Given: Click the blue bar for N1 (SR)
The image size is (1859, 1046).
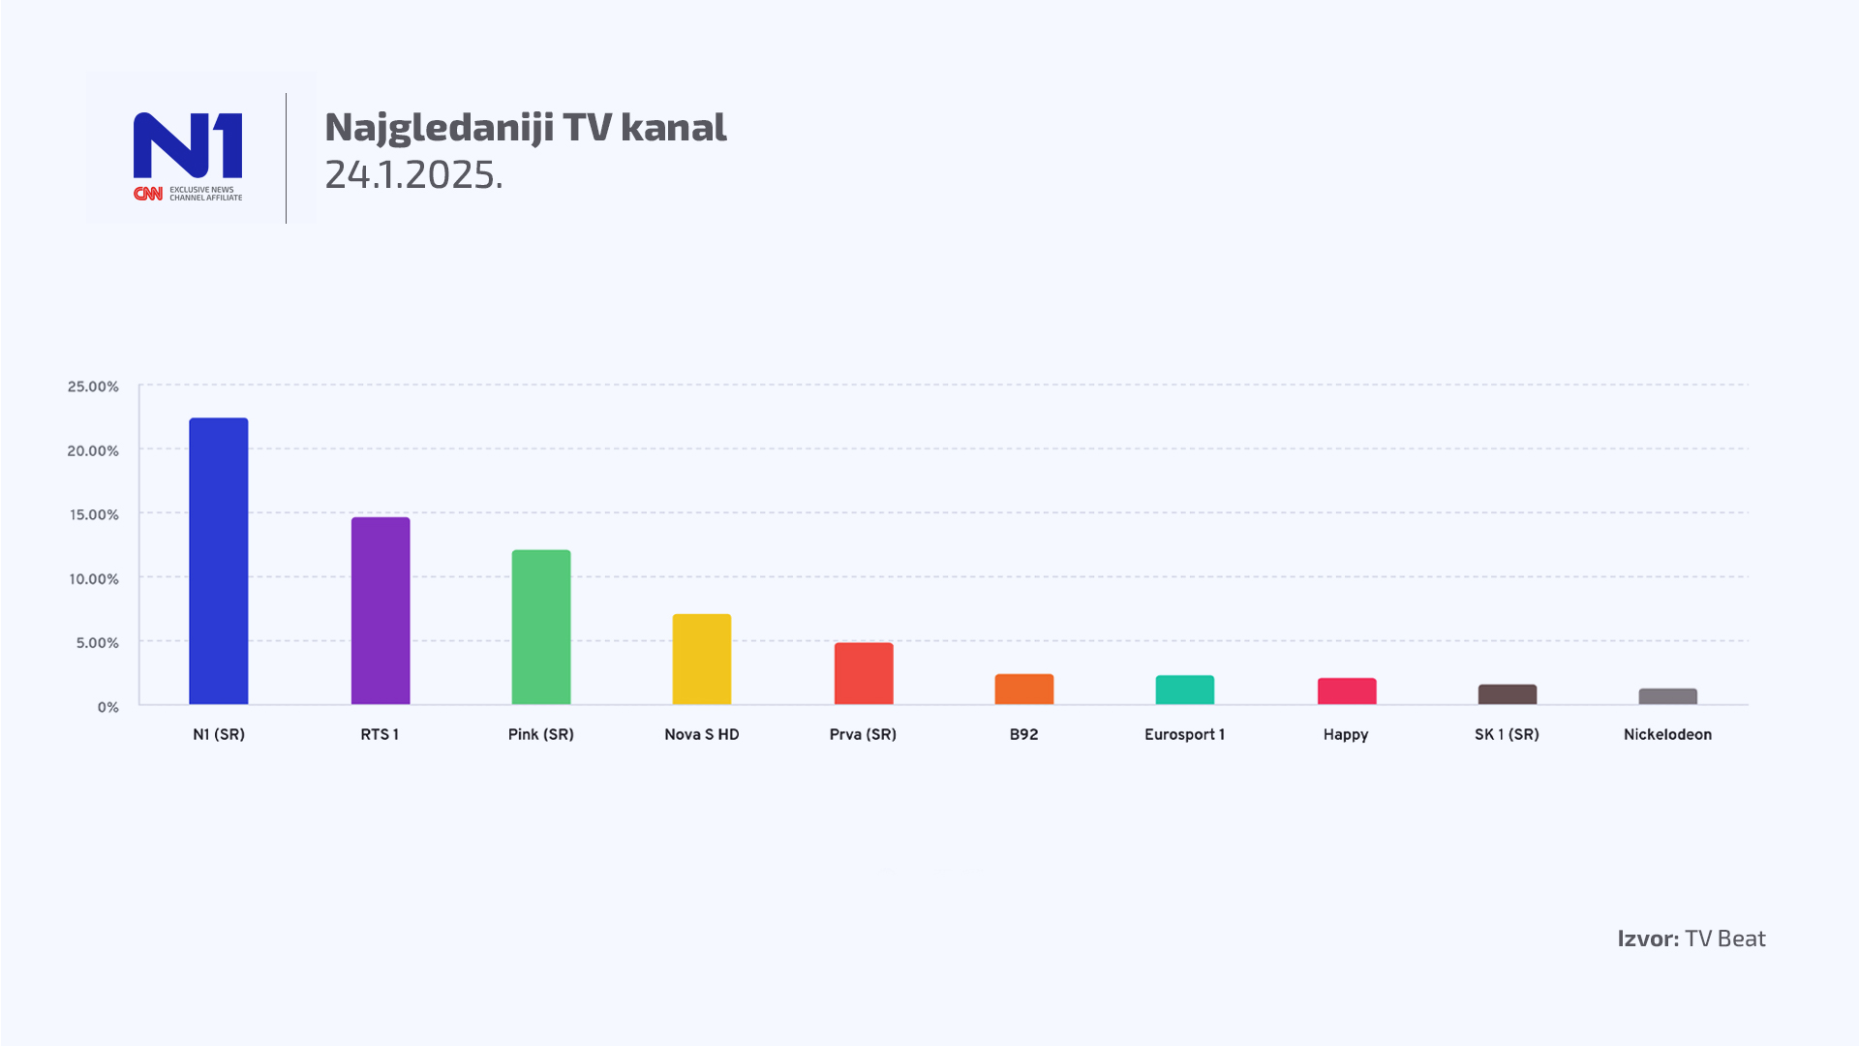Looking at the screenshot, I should tap(218, 562).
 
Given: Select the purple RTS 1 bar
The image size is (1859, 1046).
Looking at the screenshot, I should tap(380, 611).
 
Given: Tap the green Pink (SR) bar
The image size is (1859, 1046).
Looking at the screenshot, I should tap(540, 628).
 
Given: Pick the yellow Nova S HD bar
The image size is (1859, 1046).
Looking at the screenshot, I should tap(701, 660).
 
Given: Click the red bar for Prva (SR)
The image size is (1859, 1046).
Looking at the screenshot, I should tap(863, 674).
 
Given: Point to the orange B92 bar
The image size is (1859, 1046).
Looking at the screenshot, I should tap(1023, 690).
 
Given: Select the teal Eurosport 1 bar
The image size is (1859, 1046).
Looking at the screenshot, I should tap(1184, 691).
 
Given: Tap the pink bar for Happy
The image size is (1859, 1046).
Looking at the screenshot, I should tap(1346, 692).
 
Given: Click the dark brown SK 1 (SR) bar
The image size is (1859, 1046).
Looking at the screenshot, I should tap(1507, 694).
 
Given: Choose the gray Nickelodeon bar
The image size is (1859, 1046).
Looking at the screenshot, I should tap(1667, 696).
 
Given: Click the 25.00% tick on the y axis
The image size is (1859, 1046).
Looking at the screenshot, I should tap(93, 386).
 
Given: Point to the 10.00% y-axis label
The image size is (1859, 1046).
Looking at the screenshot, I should tap(93, 579).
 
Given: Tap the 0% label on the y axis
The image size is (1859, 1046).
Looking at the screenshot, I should tap(107, 707).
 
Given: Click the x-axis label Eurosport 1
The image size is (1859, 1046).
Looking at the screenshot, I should tap(1184, 734).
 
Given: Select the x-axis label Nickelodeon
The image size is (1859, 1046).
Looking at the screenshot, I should tap(1667, 734).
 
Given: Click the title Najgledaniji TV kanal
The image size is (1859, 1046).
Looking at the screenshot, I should tap(525, 127).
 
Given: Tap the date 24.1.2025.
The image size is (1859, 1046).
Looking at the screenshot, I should tap(413, 174).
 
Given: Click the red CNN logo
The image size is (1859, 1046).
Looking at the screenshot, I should tap(148, 194).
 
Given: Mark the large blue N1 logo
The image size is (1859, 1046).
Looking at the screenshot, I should tap(188, 145).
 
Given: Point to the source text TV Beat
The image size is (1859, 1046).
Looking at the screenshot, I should tap(1724, 938).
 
